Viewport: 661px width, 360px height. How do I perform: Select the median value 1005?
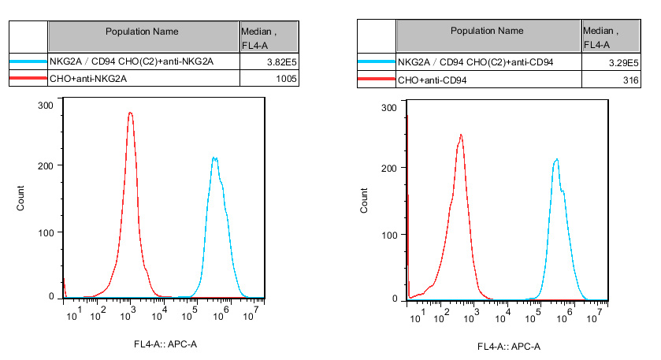click(286, 79)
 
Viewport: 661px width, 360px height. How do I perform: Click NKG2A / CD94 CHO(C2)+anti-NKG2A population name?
click(132, 61)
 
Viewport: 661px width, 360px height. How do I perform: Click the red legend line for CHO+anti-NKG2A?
click(28, 79)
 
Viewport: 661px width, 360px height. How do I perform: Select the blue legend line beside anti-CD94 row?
click(376, 61)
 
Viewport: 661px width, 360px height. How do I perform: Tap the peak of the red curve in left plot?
click(130, 113)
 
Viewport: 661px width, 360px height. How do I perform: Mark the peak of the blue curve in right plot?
click(556, 160)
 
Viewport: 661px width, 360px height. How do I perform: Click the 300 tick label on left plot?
click(45, 105)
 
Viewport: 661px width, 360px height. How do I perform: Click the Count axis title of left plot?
click(21, 199)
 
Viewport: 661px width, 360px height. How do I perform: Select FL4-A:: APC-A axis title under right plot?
click(508, 347)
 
